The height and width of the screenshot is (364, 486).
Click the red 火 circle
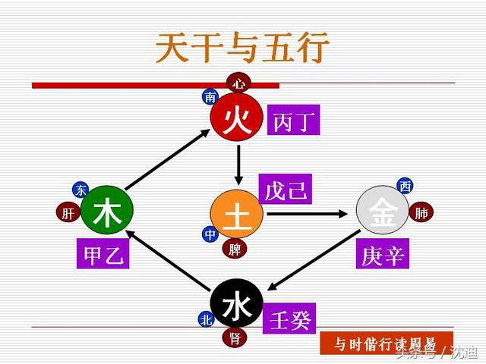237,119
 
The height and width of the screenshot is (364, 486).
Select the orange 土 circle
236,215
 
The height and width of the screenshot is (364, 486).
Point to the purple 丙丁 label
293,121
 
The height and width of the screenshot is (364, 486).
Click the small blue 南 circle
210,97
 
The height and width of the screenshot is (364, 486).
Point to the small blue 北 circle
206,320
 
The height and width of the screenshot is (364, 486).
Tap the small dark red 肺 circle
421,213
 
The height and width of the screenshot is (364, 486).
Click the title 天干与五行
242,49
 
